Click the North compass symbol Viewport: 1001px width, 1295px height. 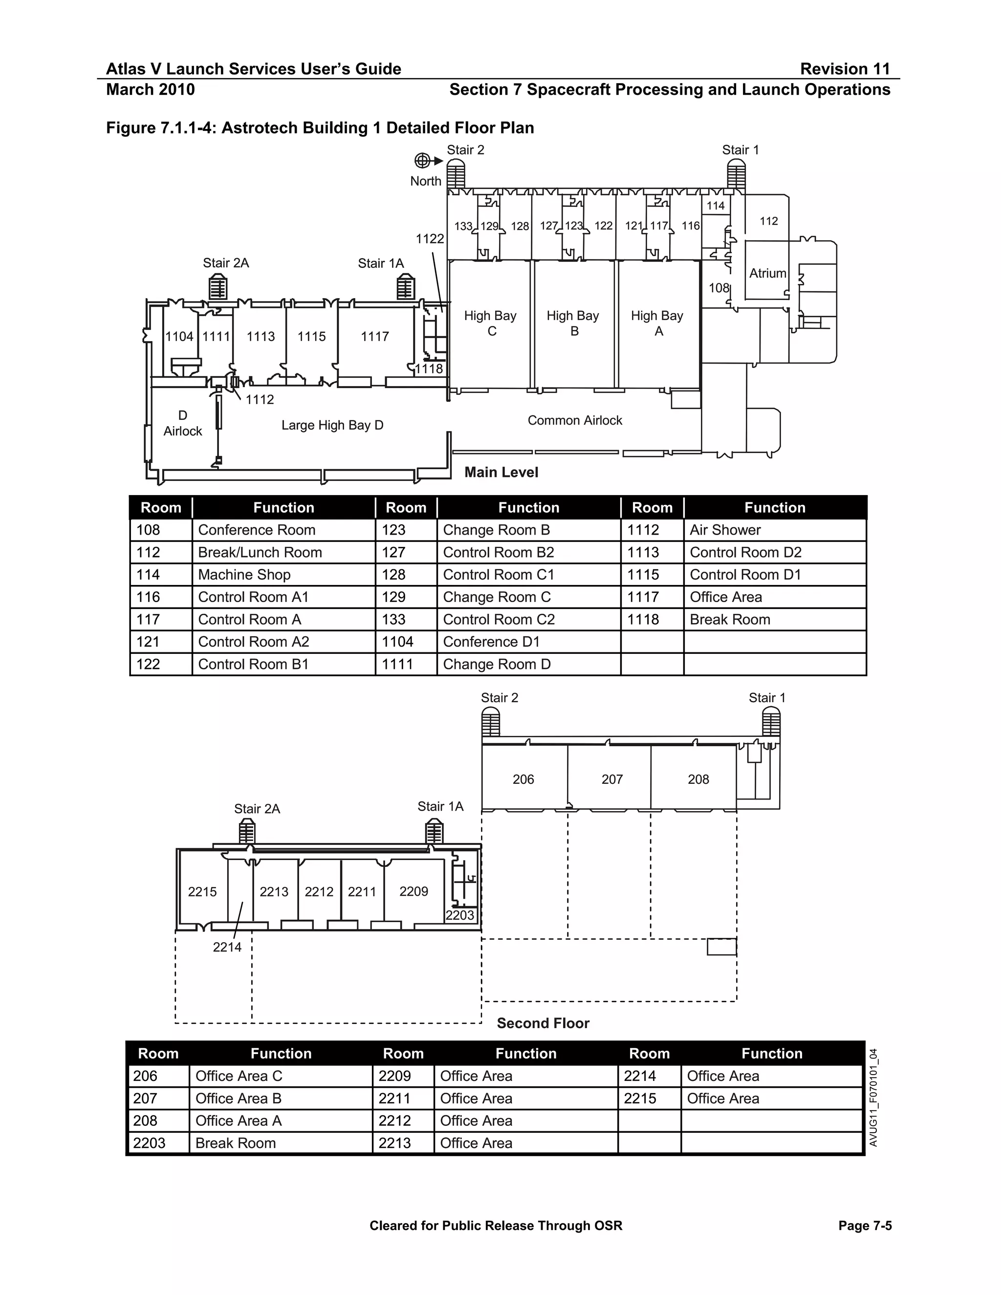[422, 161]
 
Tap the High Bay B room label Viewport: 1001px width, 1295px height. [573, 323]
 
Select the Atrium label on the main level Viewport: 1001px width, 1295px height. [767, 273]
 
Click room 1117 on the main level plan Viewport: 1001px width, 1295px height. [375, 337]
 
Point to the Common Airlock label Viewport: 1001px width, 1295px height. [575, 420]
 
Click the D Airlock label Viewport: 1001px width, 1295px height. [183, 423]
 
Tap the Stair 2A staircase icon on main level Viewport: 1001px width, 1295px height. [218, 289]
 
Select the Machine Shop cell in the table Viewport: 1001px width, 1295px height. [244, 575]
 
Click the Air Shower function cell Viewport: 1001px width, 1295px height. [725, 530]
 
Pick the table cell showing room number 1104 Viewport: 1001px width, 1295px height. [397, 642]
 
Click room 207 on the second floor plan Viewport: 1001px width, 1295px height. [612, 779]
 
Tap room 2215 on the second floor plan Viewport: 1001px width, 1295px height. [202, 892]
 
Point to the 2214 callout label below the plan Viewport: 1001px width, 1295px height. [227, 947]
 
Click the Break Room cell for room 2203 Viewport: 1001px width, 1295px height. [236, 1143]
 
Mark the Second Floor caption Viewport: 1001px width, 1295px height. [543, 1023]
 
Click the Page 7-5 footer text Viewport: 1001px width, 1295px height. [865, 1226]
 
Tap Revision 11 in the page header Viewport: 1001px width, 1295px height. [845, 69]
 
